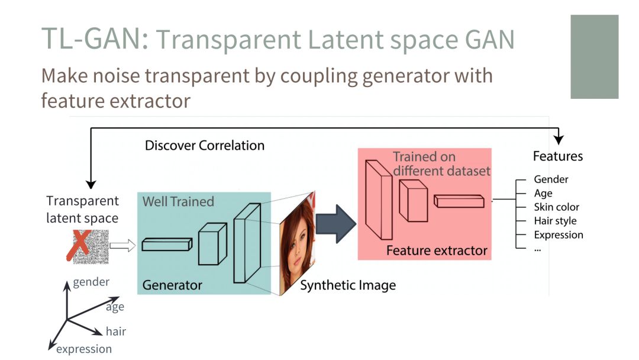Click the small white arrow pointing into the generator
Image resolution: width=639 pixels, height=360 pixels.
point(122,246)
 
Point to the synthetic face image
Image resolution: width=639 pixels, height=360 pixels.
point(298,243)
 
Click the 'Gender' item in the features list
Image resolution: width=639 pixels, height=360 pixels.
point(551,179)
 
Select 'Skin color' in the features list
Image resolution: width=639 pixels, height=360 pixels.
point(556,207)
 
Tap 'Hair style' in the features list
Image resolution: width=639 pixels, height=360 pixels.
point(555,221)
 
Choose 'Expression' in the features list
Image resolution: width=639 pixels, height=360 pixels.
point(559,234)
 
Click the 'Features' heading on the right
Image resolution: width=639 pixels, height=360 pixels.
point(558,156)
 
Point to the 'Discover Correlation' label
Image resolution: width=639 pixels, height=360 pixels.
point(205,145)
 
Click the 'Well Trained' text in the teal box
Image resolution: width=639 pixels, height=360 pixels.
point(178,202)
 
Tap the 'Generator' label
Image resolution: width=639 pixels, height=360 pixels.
point(172,285)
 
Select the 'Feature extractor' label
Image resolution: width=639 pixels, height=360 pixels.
point(437,250)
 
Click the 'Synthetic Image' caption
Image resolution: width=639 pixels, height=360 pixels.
point(348,285)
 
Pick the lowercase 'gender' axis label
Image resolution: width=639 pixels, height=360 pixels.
point(91,282)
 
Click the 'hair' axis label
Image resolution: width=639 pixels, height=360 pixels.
point(116,332)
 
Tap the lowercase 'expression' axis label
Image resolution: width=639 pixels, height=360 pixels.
point(83,349)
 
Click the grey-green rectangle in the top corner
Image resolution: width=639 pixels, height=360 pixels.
point(594,57)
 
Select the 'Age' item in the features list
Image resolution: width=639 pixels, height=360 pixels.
point(543,193)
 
